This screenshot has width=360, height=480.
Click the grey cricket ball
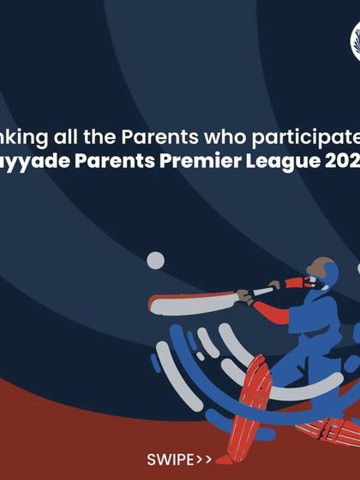coord(155,261)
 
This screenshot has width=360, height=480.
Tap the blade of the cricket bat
coord(189,302)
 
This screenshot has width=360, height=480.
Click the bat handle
coord(261,291)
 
